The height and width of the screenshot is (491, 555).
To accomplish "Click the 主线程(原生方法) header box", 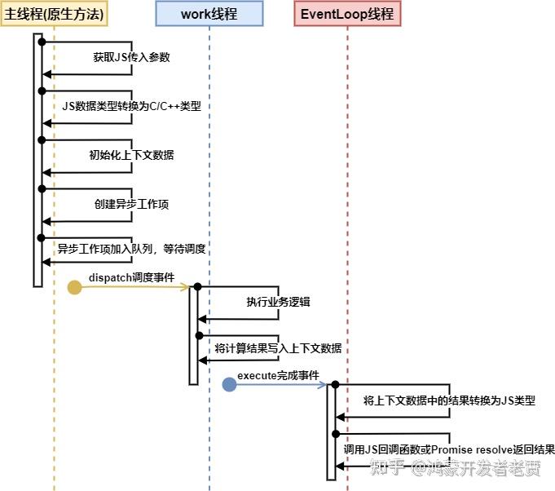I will pyautogui.click(x=54, y=14).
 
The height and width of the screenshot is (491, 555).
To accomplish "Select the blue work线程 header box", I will pyautogui.click(x=209, y=14).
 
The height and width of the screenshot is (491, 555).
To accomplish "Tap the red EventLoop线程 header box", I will pyautogui.click(x=347, y=14).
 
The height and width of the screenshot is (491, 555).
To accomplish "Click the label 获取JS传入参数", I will pyautogui.click(x=130, y=57).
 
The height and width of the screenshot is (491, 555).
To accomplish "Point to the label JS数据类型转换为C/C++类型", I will pyautogui.click(x=131, y=106).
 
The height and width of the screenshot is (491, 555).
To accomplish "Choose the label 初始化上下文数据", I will pyautogui.click(x=131, y=155).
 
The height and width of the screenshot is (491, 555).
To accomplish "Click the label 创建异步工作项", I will pyautogui.click(x=131, y=204).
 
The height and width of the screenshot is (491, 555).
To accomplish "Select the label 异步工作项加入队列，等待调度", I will pyautogui.click(x=130, y=249).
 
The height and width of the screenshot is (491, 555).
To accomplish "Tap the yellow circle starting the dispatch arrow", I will pyautogui.click(x=74, y=286).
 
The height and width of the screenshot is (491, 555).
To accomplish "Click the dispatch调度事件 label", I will pyautogui.click(x=131, y=277).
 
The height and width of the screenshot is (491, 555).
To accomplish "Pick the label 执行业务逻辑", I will pyautogui.click(x=278, y=302).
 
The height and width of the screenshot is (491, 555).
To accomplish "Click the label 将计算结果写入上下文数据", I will pyautogui.click(x=278, y=348).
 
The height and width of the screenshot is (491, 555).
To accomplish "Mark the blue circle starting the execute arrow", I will pyautogui.click(x=230, y=384).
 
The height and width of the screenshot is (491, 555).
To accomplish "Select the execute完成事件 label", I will pyautogui.click(x=278, y=375).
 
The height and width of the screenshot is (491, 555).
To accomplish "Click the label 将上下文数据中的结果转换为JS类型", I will pyautogui.click(x=449, y=400).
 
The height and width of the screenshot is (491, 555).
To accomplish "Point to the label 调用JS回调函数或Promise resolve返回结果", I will pyautogui.click(x=449, y=449).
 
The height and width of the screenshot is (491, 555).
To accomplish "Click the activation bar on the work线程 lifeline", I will pyautogui.click(x=194, y=334).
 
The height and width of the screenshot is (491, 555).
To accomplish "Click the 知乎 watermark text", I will pyautogui.click(x=387, y=468).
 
